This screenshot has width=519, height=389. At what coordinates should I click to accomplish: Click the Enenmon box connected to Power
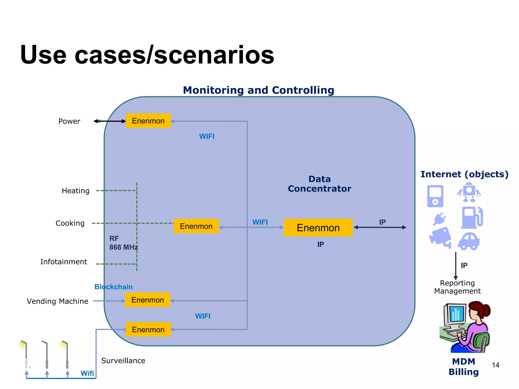(148, 121)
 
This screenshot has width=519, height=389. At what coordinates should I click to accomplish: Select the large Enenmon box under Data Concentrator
(318, 228)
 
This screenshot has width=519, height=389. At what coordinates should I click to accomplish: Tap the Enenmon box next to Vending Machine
(147, 300)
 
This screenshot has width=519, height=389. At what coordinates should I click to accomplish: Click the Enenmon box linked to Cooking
(196, 226)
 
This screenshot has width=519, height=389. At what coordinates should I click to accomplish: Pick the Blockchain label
(113, 287)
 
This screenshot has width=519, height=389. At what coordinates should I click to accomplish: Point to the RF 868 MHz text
(123, 243)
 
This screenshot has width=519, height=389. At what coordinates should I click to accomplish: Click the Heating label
(76, 191)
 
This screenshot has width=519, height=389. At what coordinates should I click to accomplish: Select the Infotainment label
(64, 262)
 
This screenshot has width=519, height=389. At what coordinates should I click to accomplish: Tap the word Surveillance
(123, 360)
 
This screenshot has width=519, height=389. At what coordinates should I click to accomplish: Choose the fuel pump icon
(472, 218)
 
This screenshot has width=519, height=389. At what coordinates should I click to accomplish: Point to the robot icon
(469, 192)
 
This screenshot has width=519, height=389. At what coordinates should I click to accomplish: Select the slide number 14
(495, 365)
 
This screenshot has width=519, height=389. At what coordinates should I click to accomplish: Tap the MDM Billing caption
(464, 366)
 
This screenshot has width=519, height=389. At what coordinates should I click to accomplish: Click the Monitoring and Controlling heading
(258, 90)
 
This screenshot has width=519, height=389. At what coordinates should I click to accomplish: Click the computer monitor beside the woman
(456, 315)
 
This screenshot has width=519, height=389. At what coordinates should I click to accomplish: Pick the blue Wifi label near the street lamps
(87, 373)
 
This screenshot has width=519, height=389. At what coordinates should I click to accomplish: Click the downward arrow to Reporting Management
(455, 266)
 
